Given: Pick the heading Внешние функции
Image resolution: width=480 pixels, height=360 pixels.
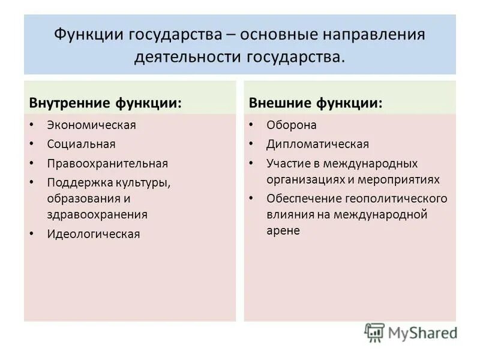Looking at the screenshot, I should (316, 103).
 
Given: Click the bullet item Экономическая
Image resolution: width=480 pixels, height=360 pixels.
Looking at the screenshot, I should (92, 125).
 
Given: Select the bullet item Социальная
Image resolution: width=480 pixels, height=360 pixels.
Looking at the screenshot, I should (82, 144).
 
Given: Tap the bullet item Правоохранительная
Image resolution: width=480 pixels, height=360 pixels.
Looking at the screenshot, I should (107, 163).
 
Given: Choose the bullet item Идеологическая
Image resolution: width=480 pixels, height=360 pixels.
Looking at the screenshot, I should (94, 234).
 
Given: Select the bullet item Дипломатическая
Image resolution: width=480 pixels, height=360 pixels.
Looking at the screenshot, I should (318, 144).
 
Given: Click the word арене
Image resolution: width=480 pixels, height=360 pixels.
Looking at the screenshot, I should (283, 230).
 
